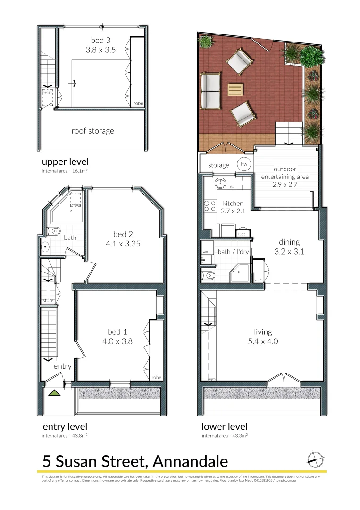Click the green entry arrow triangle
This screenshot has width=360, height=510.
tap(55, 392)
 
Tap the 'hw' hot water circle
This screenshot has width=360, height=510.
tap(244, 164)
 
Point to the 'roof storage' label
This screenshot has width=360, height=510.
tap(92, 131)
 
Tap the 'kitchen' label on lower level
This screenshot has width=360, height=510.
tap(233, 203)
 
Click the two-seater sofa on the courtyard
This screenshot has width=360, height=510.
tap(210, 90)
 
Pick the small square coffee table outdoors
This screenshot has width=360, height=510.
tap(235, 90)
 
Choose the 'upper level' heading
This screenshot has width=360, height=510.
tap(65, 161)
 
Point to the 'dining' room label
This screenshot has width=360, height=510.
tap(289, 242)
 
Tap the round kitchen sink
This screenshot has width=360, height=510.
tap(220, 183)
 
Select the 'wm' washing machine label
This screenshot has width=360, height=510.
tap(205, 252)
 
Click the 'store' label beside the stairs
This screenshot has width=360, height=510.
tap(48, 300)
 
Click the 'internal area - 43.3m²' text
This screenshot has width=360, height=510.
tap(225, 435)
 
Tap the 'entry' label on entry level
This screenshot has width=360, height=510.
tap(62, 366)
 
